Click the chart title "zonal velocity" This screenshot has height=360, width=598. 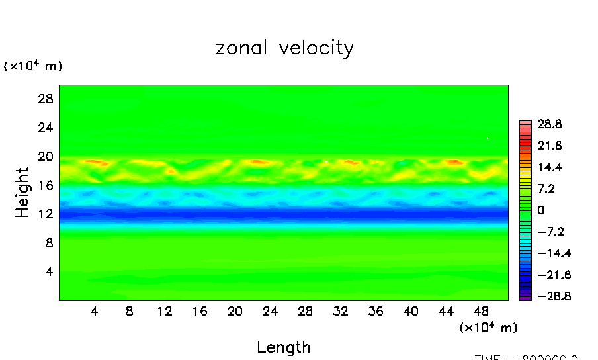(284, 49)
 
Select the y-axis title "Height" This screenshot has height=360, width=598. (24, 193)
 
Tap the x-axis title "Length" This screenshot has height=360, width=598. (283, 347)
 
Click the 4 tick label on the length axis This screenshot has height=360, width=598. (95, 311)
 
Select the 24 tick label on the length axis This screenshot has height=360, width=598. (270, 311)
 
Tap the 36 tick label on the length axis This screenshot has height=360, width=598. (375, 311)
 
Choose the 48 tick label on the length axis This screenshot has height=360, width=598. (481, 311)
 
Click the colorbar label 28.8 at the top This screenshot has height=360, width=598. (549, 124)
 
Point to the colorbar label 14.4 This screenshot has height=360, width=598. (549, 167)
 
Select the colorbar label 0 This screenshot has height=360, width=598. (540, 210)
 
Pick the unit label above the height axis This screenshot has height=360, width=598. (33, 66)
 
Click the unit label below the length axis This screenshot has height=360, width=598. (488, 327)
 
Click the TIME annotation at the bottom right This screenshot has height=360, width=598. (527, 357)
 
